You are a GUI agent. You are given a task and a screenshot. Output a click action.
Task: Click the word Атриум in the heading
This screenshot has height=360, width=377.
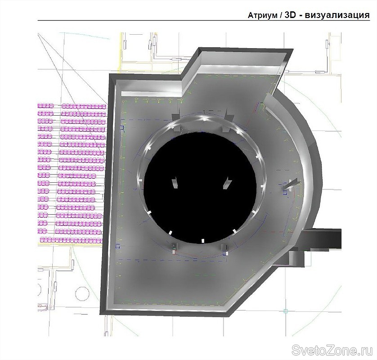coord(262,16)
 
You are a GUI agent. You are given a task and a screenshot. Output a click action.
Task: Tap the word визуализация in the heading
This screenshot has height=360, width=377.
coord(337,15)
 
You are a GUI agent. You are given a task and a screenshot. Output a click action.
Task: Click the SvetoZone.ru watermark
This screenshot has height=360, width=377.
coord(332,350)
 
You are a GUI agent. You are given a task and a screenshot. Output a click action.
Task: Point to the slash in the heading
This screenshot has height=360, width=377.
coord(281,15)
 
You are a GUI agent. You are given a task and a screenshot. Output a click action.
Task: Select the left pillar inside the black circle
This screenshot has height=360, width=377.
coord(174,183)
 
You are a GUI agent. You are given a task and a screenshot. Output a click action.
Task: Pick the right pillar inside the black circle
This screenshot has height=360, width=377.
coord(227,183)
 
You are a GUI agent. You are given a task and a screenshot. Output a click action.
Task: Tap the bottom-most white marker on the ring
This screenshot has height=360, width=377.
coord(203,241)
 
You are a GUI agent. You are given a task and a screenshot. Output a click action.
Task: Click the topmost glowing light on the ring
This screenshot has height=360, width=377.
coord(203,118)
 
